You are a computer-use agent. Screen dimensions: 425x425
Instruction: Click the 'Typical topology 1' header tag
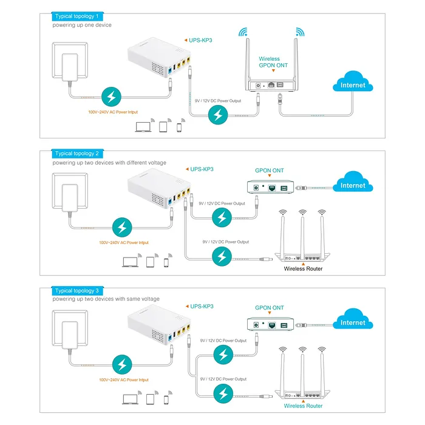pyautogui.click(x=76, y=16)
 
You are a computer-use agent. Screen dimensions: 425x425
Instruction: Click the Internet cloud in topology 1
pyautogui.click(x=353, y=85)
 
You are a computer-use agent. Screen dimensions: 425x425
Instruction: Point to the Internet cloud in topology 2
pyautogui.click(x=353, y=185)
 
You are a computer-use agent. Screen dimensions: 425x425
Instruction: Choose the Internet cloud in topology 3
pyautogui.click(x=353, y=322)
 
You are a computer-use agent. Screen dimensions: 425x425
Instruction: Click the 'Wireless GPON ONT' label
pyautogui.click(x=273, y=62)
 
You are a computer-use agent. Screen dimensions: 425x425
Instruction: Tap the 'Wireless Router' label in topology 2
pyautogui.click(x=303, y=268)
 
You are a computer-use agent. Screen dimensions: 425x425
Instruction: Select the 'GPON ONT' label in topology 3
pyautogui.click(x=269, y=308)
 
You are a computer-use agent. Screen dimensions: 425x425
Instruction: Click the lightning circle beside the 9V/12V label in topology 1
pyautogui.click(x=218, y=114)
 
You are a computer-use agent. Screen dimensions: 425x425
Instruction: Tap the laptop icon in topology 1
pyautogui.click(x=143, y=127)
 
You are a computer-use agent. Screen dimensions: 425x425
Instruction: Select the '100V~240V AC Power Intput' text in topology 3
pyautogui.click(x=123, y=380)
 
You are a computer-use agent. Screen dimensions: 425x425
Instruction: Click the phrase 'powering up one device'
pyautogui.click(x=82, y=25)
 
